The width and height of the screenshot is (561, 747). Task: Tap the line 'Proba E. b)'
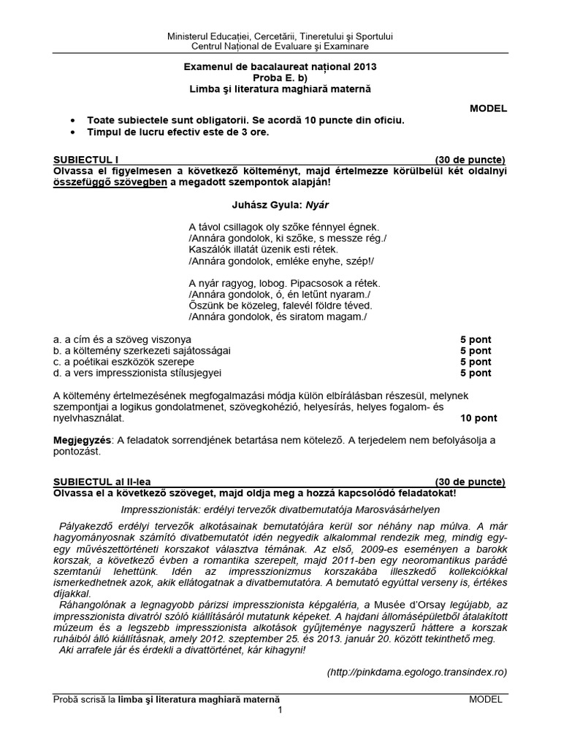click(x=280, y=77)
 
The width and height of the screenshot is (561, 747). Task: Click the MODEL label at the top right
click(x=489, y=109)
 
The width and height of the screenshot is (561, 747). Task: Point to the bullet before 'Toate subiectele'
click(x=71, y=120)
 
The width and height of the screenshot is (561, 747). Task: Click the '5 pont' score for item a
click(x=476, y=339)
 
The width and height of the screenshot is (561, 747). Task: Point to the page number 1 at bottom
click(x=279, y=712)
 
